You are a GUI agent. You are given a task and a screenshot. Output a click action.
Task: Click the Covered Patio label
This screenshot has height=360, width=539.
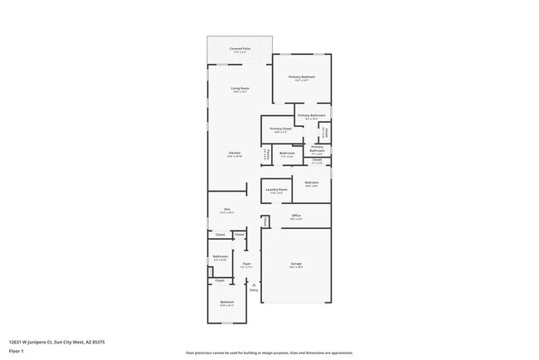239,50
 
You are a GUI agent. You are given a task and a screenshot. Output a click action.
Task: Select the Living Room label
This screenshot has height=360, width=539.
240,89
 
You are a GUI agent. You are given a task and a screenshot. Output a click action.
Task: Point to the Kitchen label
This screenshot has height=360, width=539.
235,154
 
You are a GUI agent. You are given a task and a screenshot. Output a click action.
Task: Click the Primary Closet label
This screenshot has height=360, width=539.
281,129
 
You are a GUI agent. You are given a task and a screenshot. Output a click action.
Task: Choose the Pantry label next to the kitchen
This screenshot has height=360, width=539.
266,153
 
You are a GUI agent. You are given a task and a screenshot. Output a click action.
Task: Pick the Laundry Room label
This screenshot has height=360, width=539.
276,190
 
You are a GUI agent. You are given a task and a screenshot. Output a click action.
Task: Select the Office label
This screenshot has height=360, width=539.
296,216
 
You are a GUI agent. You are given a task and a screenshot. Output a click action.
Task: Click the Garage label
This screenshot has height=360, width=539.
296,265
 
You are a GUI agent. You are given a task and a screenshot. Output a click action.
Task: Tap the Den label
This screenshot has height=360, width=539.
226,211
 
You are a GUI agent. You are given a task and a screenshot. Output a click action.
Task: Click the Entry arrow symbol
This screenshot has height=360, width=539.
254,284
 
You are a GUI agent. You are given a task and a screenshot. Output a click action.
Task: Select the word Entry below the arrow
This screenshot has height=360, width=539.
254,290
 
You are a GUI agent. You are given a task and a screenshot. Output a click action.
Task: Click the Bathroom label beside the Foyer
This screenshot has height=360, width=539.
220,258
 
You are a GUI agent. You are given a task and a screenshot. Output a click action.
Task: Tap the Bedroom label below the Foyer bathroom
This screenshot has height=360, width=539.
226,303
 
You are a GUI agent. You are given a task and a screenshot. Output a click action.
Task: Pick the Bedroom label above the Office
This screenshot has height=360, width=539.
311,183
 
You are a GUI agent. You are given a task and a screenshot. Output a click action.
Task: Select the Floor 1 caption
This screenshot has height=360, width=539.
17,352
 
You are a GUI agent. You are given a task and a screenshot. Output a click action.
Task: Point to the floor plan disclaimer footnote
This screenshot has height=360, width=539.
269,353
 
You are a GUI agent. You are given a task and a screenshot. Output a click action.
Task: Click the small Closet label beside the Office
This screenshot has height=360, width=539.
265,221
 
